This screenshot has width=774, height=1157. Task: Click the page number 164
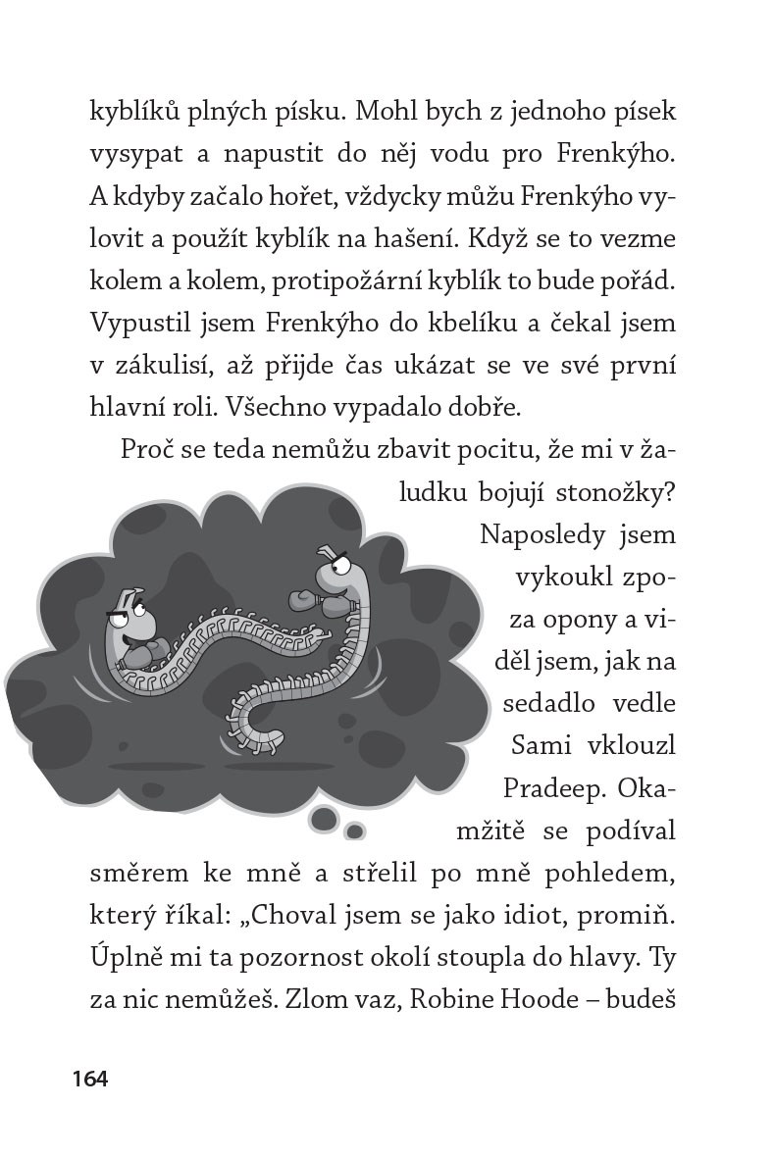[89, 1079]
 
